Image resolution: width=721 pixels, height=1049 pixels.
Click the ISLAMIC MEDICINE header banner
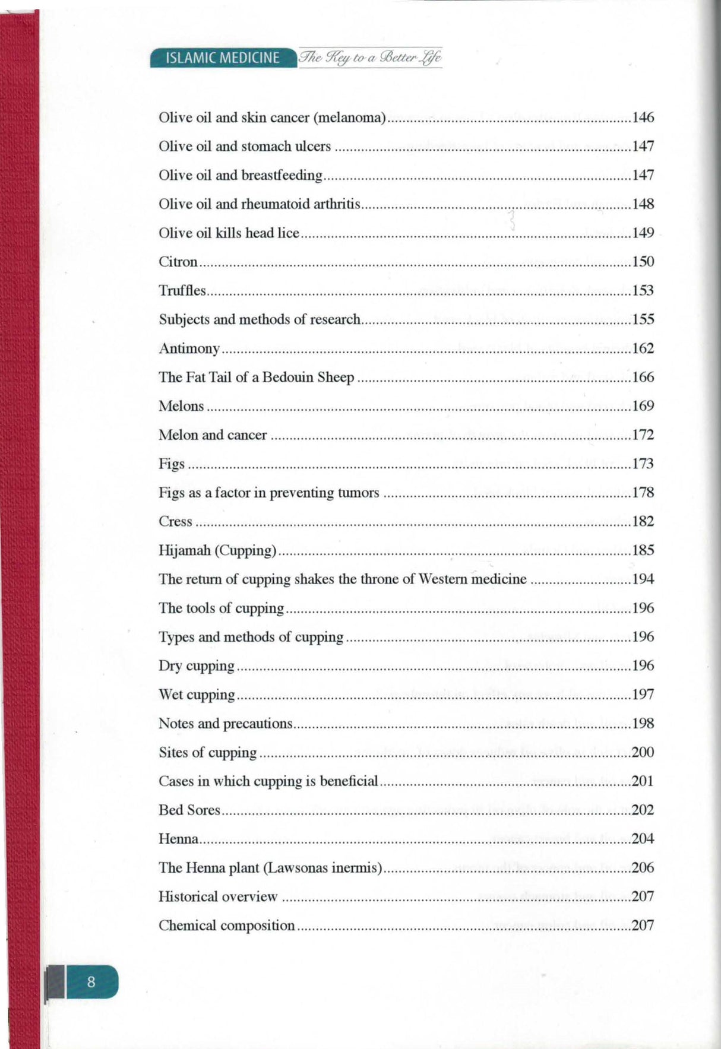(223, 58)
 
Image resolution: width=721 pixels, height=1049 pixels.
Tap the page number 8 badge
(91, 981)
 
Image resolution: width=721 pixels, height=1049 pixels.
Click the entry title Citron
(178, 262)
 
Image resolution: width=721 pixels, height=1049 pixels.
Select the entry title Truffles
(182, 290)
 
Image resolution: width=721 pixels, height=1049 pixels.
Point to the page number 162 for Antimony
(643, 348)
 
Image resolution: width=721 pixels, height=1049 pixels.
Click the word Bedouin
(290, 377)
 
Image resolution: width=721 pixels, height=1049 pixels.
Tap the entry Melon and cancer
(212, 435)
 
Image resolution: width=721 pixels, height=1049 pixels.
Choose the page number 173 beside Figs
(643, 464)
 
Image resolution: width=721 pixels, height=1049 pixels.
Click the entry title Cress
(175, 521)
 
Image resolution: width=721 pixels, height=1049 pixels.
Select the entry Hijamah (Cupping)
(217, 550)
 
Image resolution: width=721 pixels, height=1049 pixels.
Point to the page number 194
(643, 579)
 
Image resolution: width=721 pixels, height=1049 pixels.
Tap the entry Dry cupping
(196, 665)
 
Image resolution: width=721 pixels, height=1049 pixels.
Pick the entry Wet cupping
(196, 695)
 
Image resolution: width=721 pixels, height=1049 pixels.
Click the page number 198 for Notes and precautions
(643, 723)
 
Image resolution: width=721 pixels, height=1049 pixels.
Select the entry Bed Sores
(189, 810)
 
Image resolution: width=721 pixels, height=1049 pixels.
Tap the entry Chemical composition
(226, 925)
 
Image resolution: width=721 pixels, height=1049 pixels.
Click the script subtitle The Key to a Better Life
(371, 58)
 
